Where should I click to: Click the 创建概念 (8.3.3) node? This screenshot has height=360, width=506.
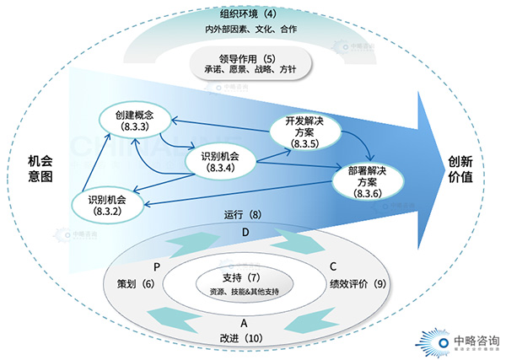[135, 121]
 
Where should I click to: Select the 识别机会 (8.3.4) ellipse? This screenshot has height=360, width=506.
[225, 161]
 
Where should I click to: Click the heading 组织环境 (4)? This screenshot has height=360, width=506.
[248, 14]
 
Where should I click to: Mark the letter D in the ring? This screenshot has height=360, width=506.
[245, 231]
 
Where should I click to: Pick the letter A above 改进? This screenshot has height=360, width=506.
[244, 323]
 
